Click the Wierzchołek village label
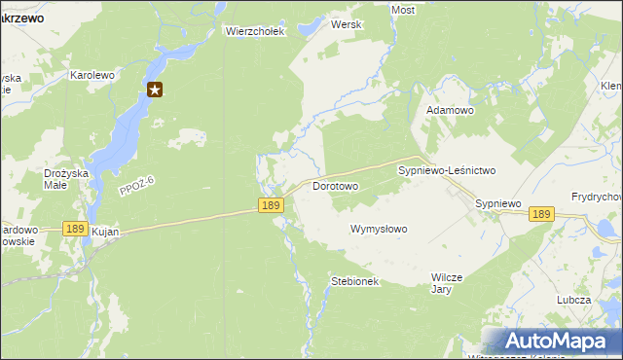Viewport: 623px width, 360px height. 254,31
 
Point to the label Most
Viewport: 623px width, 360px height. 402,10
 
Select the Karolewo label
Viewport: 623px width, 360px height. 92,74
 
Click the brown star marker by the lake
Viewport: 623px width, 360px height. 155,90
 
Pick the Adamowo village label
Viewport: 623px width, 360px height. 450,111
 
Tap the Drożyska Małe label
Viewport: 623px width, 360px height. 68,180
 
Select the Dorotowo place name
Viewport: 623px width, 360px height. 336,185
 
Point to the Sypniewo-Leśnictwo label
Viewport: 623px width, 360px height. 447,170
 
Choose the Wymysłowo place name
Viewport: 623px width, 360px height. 379,229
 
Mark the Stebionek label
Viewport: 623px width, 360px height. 354,281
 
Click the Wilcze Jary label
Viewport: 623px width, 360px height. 443,283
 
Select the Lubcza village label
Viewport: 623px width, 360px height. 573,300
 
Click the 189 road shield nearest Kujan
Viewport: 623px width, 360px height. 74,228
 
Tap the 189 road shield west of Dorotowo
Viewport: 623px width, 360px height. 272,204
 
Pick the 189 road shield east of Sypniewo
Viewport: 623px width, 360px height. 542,214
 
